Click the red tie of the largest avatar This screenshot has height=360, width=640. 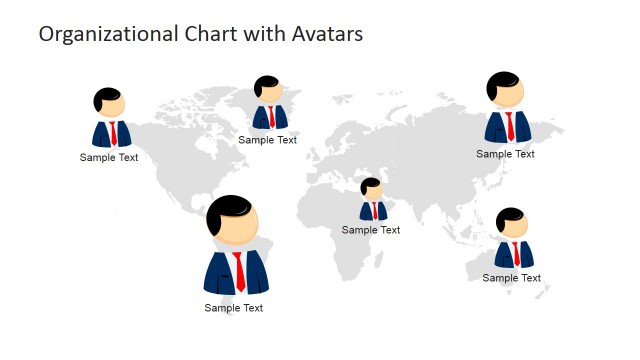coord(238,271)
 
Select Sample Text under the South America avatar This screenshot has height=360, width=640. coord(234,308)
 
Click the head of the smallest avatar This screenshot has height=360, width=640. coord(372,191)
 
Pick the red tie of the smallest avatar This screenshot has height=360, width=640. coord(374,211)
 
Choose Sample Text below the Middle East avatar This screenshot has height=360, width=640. coord(371,230)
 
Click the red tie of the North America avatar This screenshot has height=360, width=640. coord(113,134)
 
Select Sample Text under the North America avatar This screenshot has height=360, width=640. coord(109,157)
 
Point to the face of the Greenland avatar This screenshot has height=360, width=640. coord(270,92)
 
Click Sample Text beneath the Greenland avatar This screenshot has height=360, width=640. coord(267,140)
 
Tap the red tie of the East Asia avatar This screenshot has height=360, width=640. coord(510,126)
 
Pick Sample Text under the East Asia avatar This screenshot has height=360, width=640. coord(505,154)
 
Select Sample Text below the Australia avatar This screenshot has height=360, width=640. coord(512,278)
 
